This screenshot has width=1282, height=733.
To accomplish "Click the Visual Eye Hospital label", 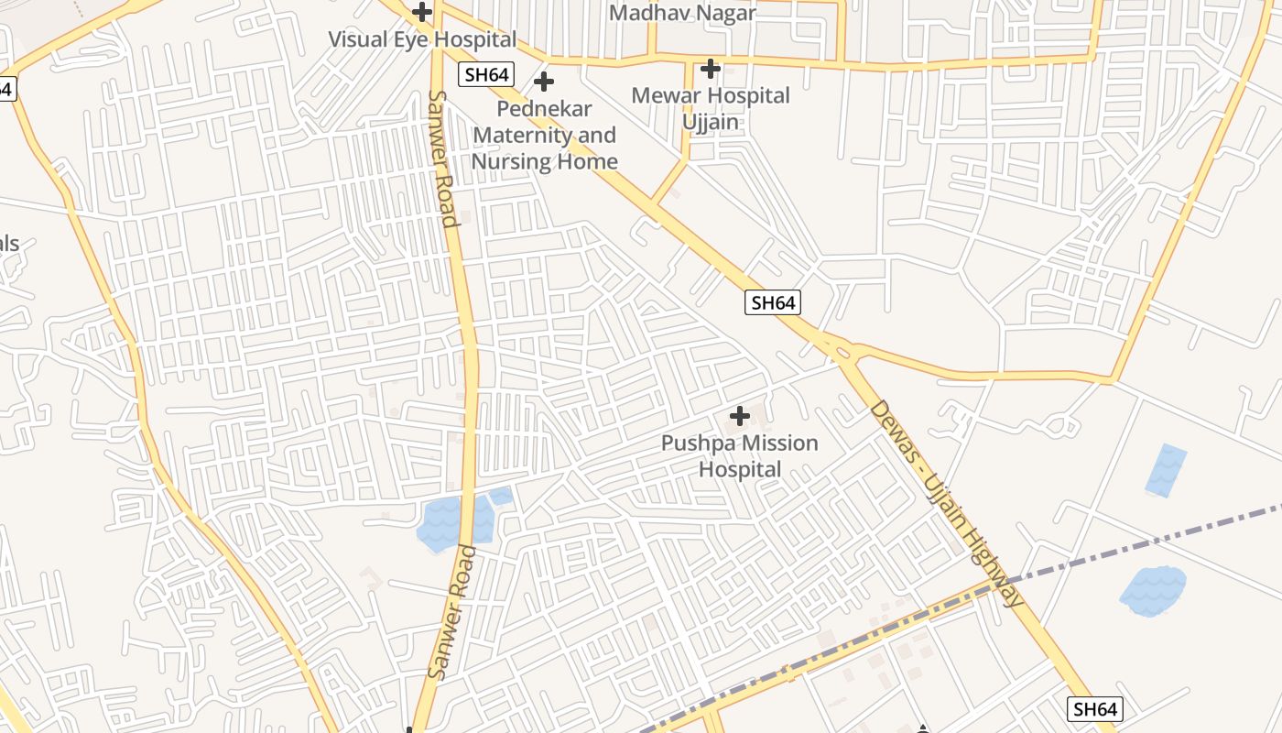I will point(422,40).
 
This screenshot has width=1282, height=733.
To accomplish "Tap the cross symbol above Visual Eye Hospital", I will point(422,12).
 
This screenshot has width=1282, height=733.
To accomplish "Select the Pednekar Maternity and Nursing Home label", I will point(544,136).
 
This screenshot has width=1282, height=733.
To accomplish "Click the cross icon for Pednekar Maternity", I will point(544,82).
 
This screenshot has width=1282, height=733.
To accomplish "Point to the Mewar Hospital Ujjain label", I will point(711,108).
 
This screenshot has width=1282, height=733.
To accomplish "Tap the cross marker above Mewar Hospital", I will point(711,68).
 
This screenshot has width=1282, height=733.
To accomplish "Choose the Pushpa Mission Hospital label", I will point(740,456).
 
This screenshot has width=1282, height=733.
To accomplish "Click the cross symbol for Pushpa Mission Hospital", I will point(740,417).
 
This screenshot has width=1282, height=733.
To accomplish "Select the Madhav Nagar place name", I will point(682,13).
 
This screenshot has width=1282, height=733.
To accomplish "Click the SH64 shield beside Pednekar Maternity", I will point(486,74).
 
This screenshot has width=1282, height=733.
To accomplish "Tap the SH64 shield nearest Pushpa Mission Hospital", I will point(773,301).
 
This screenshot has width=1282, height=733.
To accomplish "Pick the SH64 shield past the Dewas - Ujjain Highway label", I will point(1095,708).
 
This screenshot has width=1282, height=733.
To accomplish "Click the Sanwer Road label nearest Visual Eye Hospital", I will point(442,158).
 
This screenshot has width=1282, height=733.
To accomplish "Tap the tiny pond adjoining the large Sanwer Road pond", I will point(501,496).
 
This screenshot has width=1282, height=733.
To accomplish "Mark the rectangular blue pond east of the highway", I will point(1166,470).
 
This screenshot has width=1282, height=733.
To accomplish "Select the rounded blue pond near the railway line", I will point(1152,590).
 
